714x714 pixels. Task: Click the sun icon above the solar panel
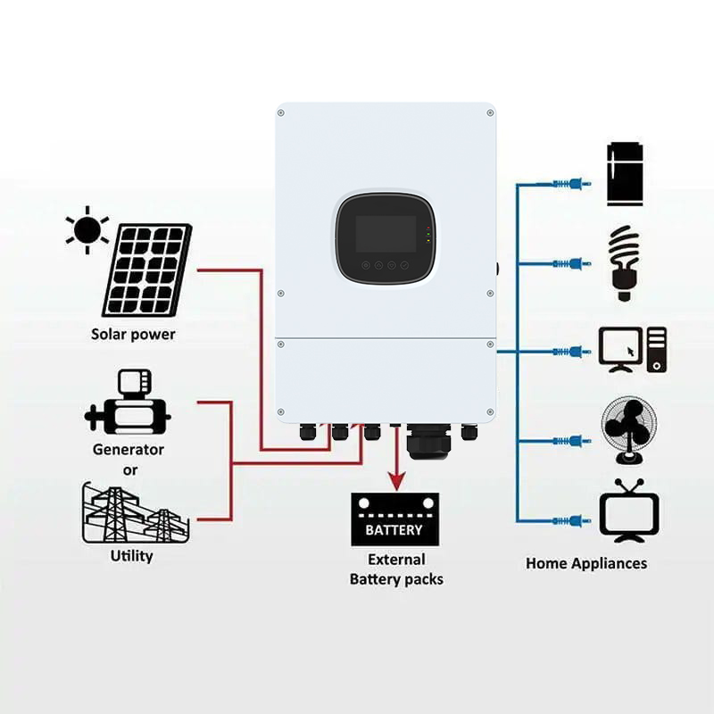(87, 228)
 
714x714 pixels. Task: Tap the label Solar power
(133, 335)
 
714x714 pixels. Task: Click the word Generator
(129, 450)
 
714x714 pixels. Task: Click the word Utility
(131, 556)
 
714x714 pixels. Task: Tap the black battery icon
(394, 519)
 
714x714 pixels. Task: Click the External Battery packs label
(396, 569)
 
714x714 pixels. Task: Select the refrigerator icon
(625, 173)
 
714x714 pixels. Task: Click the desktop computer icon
(632, 349)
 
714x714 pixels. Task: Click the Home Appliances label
(585, 563)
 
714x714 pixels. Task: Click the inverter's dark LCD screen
(386, 234)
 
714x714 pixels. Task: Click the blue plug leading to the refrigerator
(571, 185)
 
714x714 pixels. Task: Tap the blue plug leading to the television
(571, 520)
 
